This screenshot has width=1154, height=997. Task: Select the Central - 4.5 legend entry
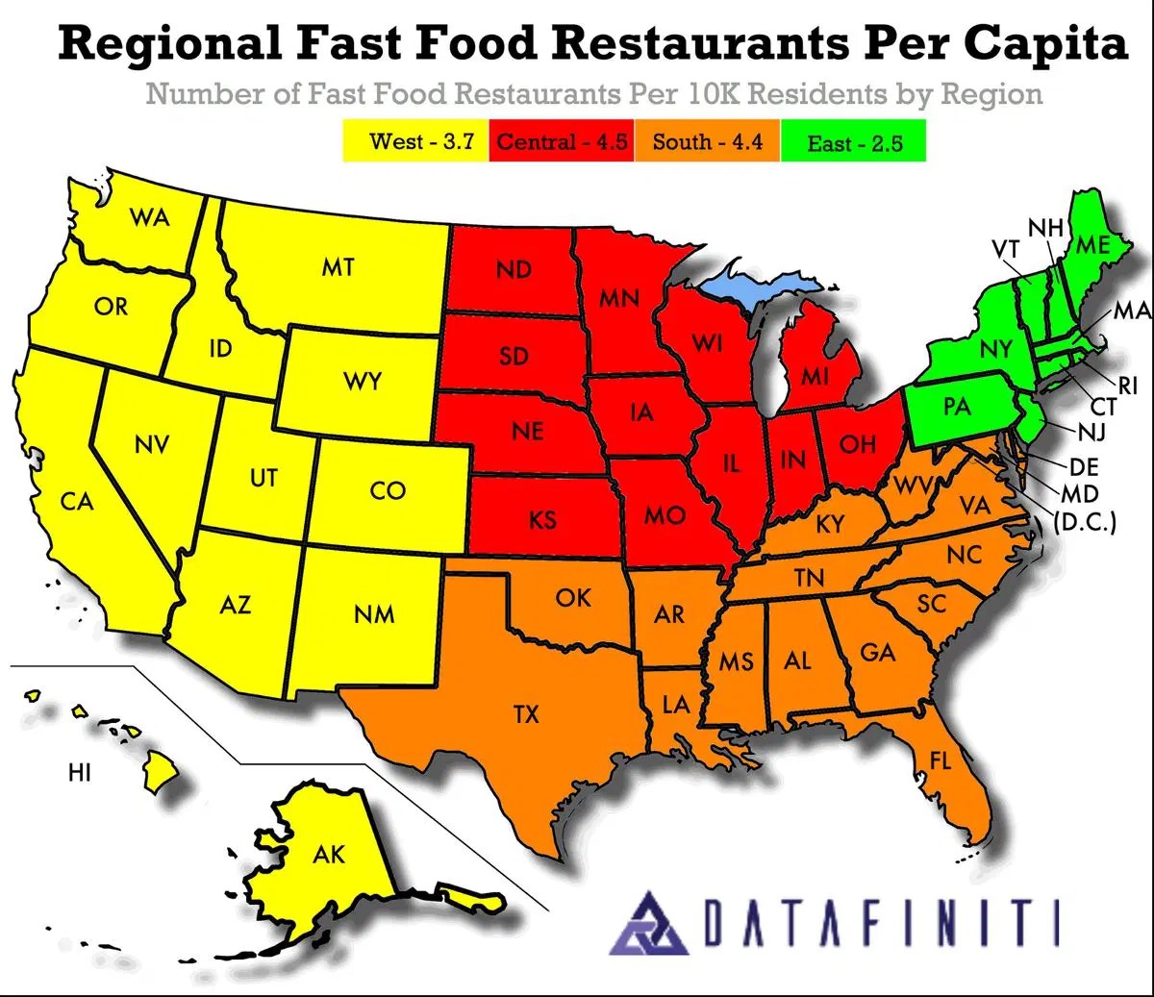pyautogui.click(x=562, y=141)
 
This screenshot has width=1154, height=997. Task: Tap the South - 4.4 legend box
pyautogui.click(x=707, y=141)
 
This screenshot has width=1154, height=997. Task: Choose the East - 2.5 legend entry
pyautogui.click(x=854, y=143)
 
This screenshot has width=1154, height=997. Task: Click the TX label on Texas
pyautogui.click(x=526, y=714)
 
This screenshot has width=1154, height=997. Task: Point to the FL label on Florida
pyautogui.click(x=940, y=761)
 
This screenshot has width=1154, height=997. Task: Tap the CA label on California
pyautogui.click(x=77, y=501)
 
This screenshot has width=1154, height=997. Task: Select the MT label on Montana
pyautogui.click(x=338, y=267)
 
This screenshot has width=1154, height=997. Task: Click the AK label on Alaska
pyautogui.click(x=329, y=854)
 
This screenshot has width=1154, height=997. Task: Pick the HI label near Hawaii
pyautogui.click(x=80, y=772)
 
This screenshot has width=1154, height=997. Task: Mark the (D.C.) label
pyautogui.click(x=1085, y=524)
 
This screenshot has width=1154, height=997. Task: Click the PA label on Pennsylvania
pyautogui.click(x=956, y=407)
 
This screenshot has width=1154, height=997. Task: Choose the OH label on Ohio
pyautogui.click(x=857, y=444)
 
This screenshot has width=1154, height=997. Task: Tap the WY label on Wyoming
pyautogui.click(x=363, y=382)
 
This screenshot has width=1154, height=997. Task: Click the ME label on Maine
pyautogui.click(x=1092, y=244)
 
